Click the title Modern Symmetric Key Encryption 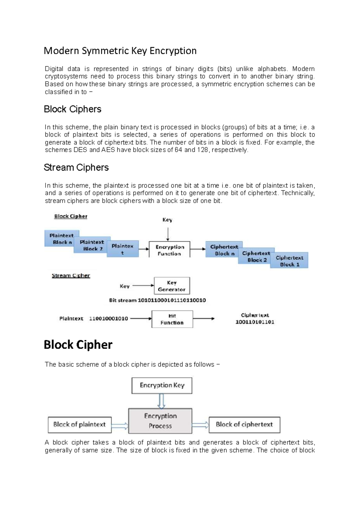[x=120, y=51]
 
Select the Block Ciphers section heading [x=72, y=109]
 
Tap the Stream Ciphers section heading [x=76, y=167]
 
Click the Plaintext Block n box [x=61, y=239]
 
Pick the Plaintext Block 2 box [x=91, y=245]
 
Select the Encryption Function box [x=169, y=250]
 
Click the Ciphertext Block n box [x=223, y=250]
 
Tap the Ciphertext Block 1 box [x=289, y=261]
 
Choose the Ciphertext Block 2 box [x=256, y=257]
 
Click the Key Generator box [x=172, y=286]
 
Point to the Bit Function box [x=172, y=319]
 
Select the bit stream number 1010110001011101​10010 [x=172, y=300]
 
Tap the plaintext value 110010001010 [x=108, y=318]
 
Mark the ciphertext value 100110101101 [x=255, y=322]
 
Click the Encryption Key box [x=162, y=385]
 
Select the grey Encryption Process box [x=160, y=421]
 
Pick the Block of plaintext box [x=79, y=424]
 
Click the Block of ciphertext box [x=244, y=424]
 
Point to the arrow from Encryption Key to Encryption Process [x=161, y=401]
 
